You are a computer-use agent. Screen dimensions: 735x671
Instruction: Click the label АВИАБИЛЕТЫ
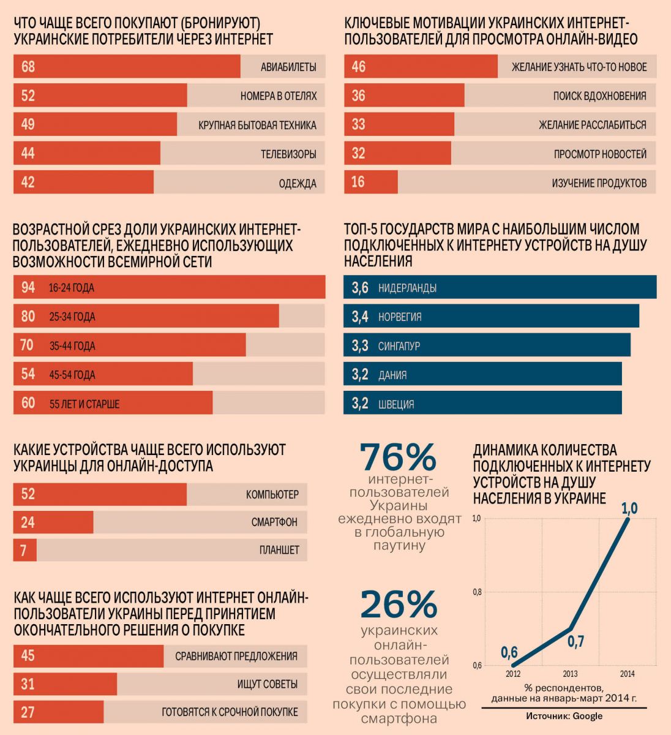pyautogui.click(x=288, y=67)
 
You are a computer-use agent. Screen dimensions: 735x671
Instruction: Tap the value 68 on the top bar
pyautogui.click(x=28, y=67)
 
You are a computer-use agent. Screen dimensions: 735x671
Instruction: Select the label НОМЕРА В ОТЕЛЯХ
pyautogui.click(x=279, y=96)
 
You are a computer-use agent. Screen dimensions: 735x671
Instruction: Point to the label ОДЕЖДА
pyautogui.click(x=298, y=183)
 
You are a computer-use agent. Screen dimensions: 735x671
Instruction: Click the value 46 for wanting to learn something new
pyautogui.click(x=359, y=67)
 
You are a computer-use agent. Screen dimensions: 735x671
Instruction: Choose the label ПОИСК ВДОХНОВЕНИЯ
pyautogui.click(x=599, y=96)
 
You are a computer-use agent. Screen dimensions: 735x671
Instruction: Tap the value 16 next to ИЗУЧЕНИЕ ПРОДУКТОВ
pyautogui.click(x=359, y=183)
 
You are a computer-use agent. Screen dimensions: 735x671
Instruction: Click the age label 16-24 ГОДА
pyautogui.click(x=72, y=288)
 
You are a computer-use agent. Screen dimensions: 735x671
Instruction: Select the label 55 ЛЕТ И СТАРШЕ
pyautogui.click(x=84, y=404)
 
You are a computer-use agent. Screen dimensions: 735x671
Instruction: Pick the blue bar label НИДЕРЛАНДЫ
pyautogui.click(x=407, y=288)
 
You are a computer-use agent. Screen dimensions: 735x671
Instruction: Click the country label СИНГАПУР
pyautogui.click(x=399, y=346)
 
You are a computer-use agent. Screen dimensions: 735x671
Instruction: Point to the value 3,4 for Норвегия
pyautogui.click(x=360, y=317)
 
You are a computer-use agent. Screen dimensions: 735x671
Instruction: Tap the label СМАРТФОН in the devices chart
pyautogui.click(x=274, y=522)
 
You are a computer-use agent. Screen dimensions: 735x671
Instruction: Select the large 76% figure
pyautogui.click(x=398, y=457)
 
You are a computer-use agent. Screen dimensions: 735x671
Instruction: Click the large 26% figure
pyautogui.click(x=399, y=605)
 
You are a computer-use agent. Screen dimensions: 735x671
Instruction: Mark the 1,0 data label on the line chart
pyautogui.click(x=629, y=508)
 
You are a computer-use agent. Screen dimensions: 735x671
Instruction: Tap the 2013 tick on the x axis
pyautogui.click(x=570, y=674)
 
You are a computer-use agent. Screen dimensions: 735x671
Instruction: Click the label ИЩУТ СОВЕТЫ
pyautogui.click(x=268, y=684)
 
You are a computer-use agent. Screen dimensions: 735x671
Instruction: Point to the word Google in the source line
pyautogui.click(x=588, y=716)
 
